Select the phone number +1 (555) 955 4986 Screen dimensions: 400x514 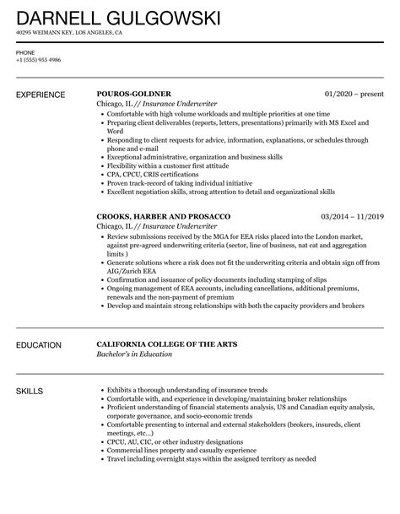[38, 61]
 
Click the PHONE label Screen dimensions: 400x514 [25, 52]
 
